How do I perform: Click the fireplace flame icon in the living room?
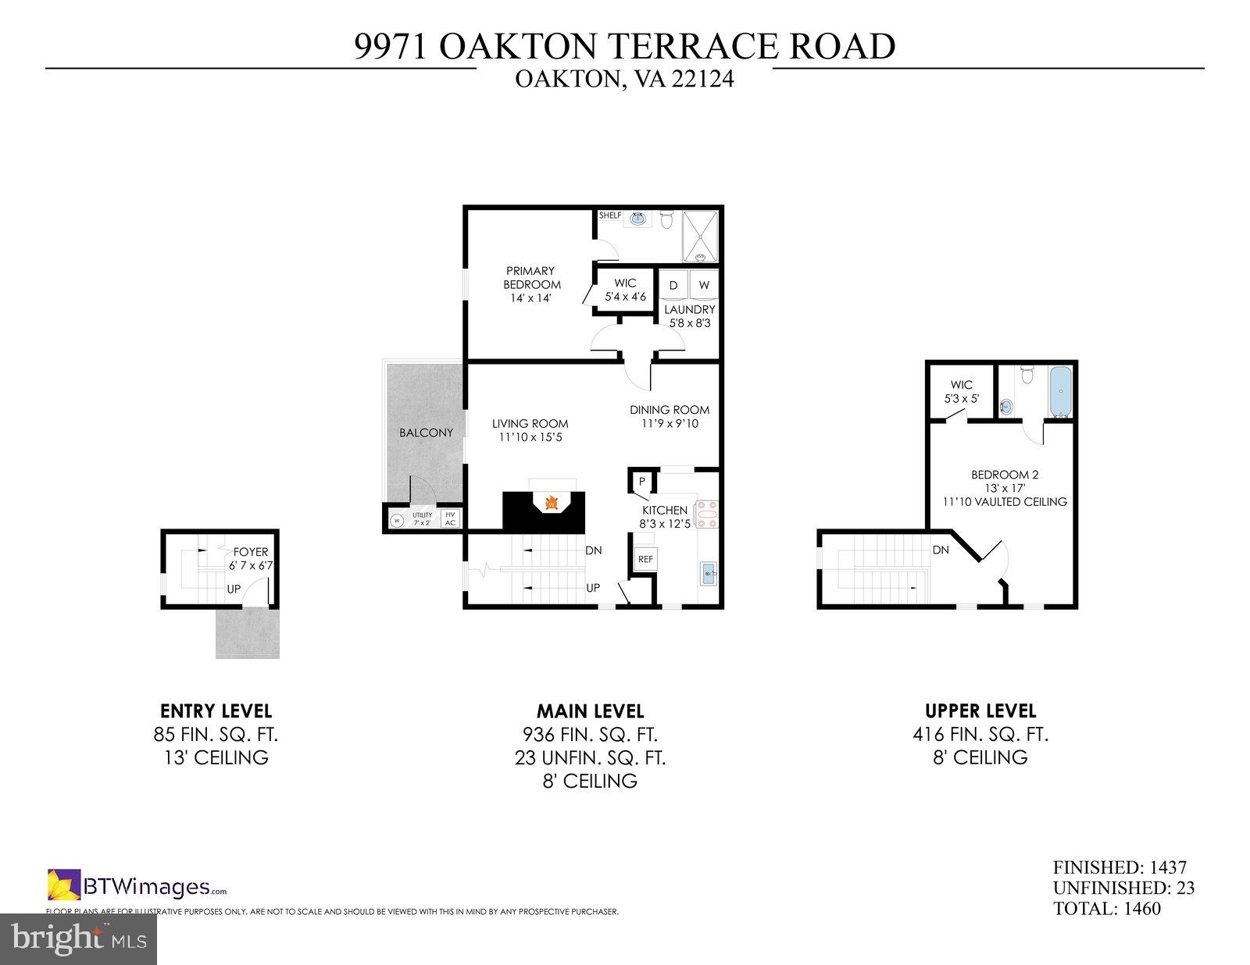pos(552,504)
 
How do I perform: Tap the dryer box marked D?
pos(673,286)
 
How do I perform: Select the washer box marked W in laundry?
pos(704,286)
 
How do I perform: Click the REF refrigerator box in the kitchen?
pos(645,559)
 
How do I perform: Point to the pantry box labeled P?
pos(641,482)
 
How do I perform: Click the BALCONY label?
pos(426,433)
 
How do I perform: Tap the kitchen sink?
pos(709,575)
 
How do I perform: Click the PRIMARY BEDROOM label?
pos(532,278)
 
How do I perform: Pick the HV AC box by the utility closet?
pos(450,518)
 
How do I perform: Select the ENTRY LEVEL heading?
pos(216,711)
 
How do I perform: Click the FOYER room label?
pos(250,552)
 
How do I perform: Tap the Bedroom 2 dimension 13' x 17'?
pos(1004,488)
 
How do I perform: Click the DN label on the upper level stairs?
pos(941,550)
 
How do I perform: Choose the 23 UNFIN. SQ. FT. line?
pos(590,757)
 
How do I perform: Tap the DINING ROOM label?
pos(670,409)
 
